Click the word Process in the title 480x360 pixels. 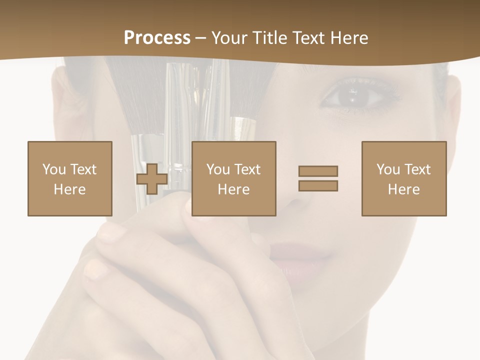click(x=157, y=38)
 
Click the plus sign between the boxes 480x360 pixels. click(x=152, y=178)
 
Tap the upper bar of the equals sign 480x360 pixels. click(x=318, y=171)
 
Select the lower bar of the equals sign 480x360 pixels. click(x=318, y=186)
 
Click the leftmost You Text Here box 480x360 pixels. click(x=70, y=178)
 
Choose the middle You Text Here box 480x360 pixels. click(x=233, y=178)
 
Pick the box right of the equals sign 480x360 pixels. click(x=403, y=178)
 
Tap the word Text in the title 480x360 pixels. click(x=305, y=38)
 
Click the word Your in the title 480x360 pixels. click(x=228, y=38)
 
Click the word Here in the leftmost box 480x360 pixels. click(x=70, y=189)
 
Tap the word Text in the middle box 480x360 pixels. click(x=247, y=169)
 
